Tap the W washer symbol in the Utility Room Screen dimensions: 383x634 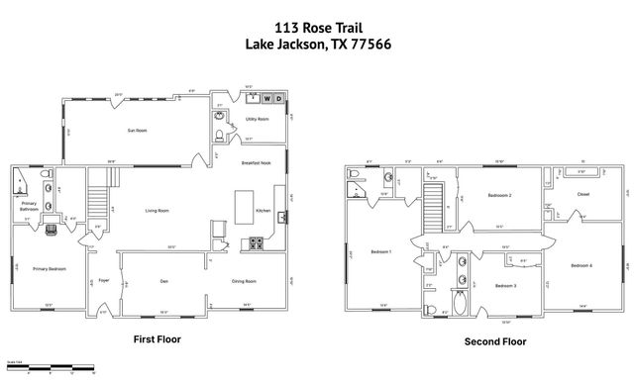coord(267,98)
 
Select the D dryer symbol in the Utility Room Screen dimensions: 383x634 coord(280,98)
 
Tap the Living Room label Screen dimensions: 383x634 coord(157,210)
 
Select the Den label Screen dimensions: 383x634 coord(163,281)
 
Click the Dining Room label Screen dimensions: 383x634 coord(245,281)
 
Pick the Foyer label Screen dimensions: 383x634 coord(103,281)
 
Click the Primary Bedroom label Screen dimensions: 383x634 coord(49,268)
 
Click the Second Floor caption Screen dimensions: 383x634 coord(495,341)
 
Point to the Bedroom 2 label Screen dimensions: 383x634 coord(499,195)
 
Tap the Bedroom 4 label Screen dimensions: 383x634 coord(581,265)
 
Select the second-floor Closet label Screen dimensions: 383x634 coord(582,194)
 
